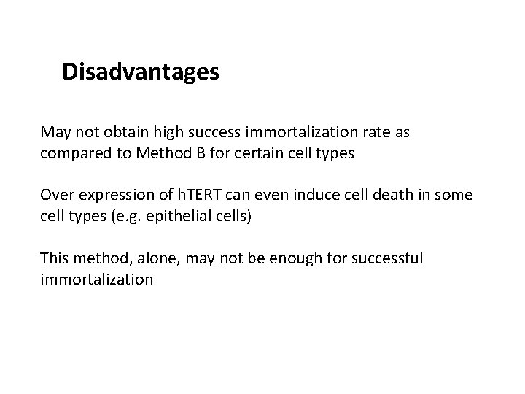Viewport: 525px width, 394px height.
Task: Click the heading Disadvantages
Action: (x=141, y=72)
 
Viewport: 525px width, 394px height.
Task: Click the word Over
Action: (x=56, y=195)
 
